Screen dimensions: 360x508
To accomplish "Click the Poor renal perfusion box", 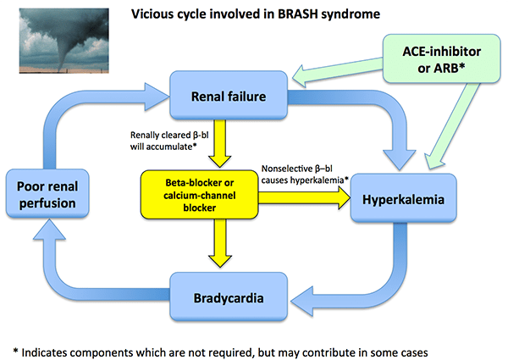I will pyautogui.click(x=45, y=194).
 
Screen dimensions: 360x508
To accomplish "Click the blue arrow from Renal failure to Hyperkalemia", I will pyautogui.click(x=373, y=110).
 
